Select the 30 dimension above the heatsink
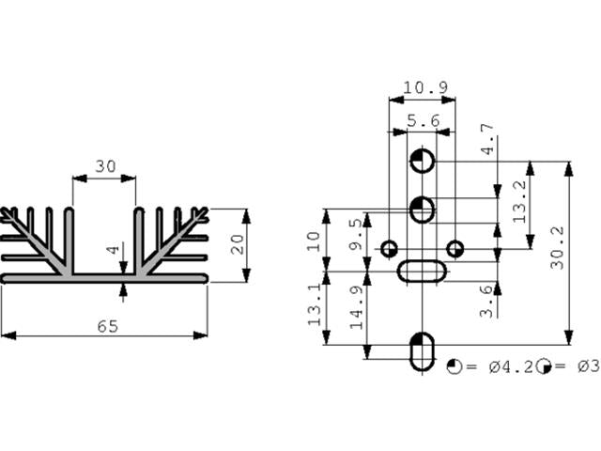[105, 166]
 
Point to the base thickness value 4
[113, 252]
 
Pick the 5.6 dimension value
[424, 121]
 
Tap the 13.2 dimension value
[519, 200]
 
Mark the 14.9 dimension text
[354, 305]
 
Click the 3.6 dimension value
[485, 300]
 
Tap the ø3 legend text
[586, 366]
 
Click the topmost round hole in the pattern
[422, 162]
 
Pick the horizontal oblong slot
[422, 272]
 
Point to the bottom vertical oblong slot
[422, 351]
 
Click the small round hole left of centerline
[389, 249]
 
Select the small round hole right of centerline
[455, 249]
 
